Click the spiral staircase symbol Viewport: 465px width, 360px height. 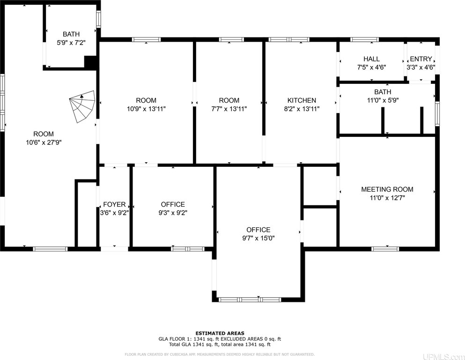point(82,106)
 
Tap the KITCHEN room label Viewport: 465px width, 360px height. point(302,100)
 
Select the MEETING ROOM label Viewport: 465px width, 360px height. point(387,189)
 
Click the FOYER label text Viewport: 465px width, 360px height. point(114,204)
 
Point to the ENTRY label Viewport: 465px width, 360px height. point(421,59)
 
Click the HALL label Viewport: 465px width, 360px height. point(372,59)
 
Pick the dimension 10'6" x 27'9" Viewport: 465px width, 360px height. point(44,142)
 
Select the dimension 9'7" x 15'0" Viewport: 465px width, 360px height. point(258,238)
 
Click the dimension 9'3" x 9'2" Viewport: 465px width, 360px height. point(173,213)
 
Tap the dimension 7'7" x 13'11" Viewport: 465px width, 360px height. point(229,109)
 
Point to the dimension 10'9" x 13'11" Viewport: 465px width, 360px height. point(146,109)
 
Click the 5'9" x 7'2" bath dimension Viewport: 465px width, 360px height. point(71,43)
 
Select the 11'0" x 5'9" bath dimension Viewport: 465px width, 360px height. point(383,100)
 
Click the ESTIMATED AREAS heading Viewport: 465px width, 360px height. point(220,333)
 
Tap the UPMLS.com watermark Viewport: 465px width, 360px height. point(443,356)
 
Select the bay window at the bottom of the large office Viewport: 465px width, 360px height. point(250,300)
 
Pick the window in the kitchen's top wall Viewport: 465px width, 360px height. point(289,39)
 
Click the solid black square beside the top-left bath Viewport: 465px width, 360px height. point(90,62)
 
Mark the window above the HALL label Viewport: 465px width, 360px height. point(364,39)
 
